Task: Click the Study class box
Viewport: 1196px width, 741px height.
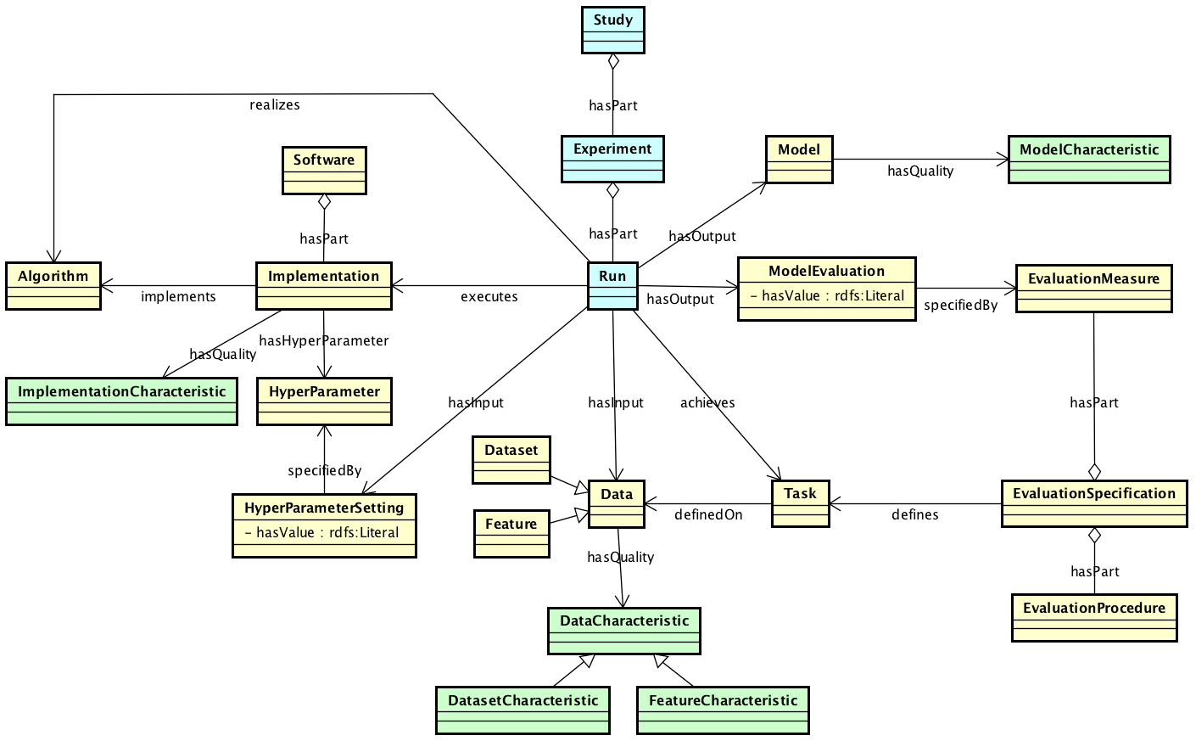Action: pyautogui.click(x=612, y=29)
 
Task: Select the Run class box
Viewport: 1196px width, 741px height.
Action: pyautogui.click(x=612, y=286)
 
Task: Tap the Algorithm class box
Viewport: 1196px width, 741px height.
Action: pyautogui.click(x=53, y=285)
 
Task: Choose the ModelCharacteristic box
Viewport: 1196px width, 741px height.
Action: pyautogui.click(x=1088, y=159)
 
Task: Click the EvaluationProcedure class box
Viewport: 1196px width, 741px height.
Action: pyautogui.click(x=1093, y=617)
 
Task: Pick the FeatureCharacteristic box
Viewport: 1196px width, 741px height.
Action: pyautogui.click(x=723, y=710)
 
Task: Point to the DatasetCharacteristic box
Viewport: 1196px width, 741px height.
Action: pyautogui.click(x=523, y=710)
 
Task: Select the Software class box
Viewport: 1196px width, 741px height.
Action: pyautogui.click(x=324, y=170)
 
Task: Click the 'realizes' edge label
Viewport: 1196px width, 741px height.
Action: pyautogui.click(x=274, y=105)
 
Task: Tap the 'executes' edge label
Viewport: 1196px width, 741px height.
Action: pyautogui.click(x=489, y=297)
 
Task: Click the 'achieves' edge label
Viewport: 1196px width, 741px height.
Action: pyautogui.click(x=707, y=402)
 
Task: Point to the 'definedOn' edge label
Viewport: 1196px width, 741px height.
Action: pyautogui.click(x=708, y=514)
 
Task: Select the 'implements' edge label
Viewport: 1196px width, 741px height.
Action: pyautogui.click(x=178, y=297)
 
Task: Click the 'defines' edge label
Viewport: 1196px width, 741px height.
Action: pyautogui.click(x=914, y=514)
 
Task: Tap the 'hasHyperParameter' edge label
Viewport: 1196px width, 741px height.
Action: pyautogui.click(x=323, y=341)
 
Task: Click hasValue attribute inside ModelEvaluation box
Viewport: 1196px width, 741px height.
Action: pyautogui.click(x=827, y=296)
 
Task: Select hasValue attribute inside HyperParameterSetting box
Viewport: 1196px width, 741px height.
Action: pyautogui.click(x=321, y=533)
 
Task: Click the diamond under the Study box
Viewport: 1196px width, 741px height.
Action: pyautogui.click(x=612, y=61)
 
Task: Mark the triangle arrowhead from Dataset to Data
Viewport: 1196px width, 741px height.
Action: pyautogui.click(x=581, y=487)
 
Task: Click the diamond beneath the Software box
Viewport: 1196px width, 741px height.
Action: pyautogui.click(x=324, y=202)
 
